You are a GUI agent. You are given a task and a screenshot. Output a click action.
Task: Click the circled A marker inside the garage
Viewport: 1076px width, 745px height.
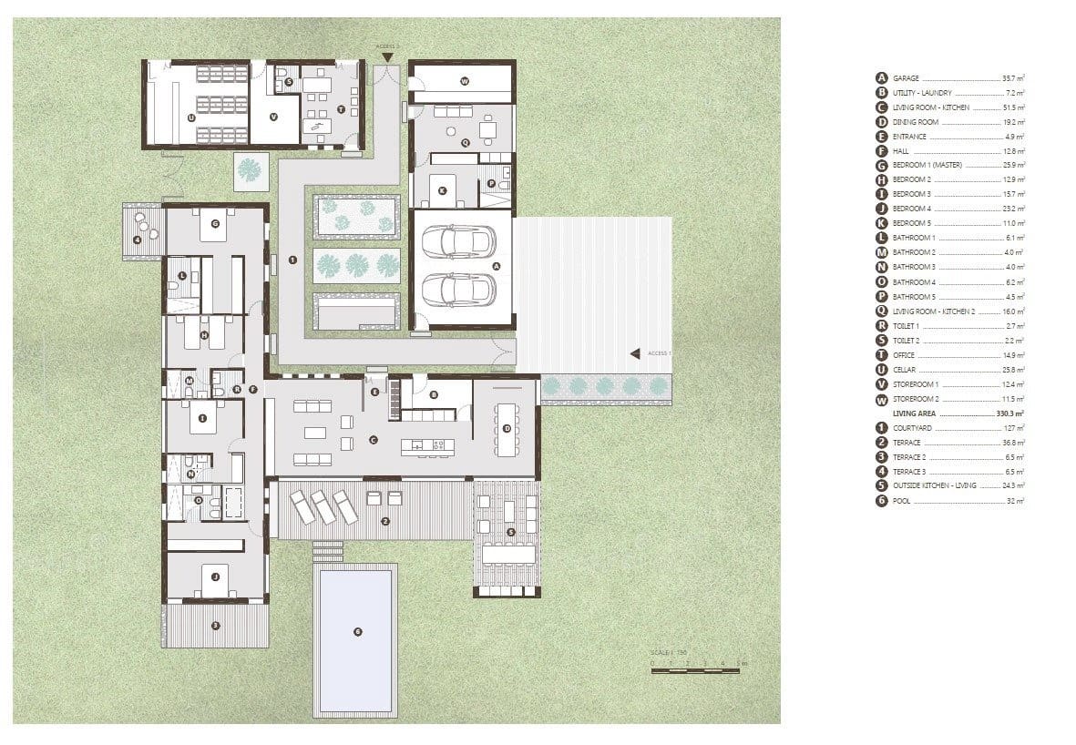[497, 265]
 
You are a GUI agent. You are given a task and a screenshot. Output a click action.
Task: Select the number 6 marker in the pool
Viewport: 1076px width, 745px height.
[357, 631]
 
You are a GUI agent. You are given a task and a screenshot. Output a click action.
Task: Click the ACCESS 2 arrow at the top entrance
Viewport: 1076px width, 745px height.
[388, 58]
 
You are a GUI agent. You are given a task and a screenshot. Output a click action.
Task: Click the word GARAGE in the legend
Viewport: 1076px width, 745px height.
[907, 78]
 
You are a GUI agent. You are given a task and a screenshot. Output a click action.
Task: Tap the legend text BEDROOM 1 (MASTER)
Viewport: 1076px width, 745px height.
[927, 165]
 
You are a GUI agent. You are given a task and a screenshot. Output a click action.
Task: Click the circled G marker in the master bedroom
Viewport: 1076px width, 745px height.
[215, 223]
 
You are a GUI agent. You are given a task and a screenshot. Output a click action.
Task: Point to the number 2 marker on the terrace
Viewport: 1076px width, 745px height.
[385, 521]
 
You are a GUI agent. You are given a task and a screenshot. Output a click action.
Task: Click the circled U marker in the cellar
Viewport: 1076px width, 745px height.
[191, 117]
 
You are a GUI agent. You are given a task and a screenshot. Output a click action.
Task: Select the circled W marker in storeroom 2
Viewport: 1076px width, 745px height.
[464, 82]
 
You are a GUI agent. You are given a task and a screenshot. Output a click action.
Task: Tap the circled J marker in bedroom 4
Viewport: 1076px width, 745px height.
[215, 577]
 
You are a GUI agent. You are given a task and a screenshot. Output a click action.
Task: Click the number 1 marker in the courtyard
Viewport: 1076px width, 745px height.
[292, 260]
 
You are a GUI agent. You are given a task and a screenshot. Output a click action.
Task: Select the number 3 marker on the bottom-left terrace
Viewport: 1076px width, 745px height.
[215, 625]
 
